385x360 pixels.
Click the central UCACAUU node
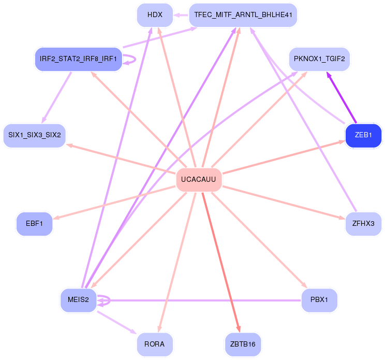click(199, 180)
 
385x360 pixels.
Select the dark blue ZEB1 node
click(363, 135)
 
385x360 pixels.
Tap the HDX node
click(155, 15)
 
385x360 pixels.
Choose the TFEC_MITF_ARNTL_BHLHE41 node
click(243, 15)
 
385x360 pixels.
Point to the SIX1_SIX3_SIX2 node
click(34, 135)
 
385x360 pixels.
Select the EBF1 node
click(35, 224)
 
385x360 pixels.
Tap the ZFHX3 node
click(363, 224)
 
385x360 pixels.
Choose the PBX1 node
click(319, 300)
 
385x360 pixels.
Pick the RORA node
click(155, 344)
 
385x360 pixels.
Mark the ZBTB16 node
click(243, 344)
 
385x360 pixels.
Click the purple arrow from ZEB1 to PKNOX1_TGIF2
click(342, 98)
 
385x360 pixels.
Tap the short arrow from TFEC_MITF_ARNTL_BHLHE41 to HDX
click(181, 15)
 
